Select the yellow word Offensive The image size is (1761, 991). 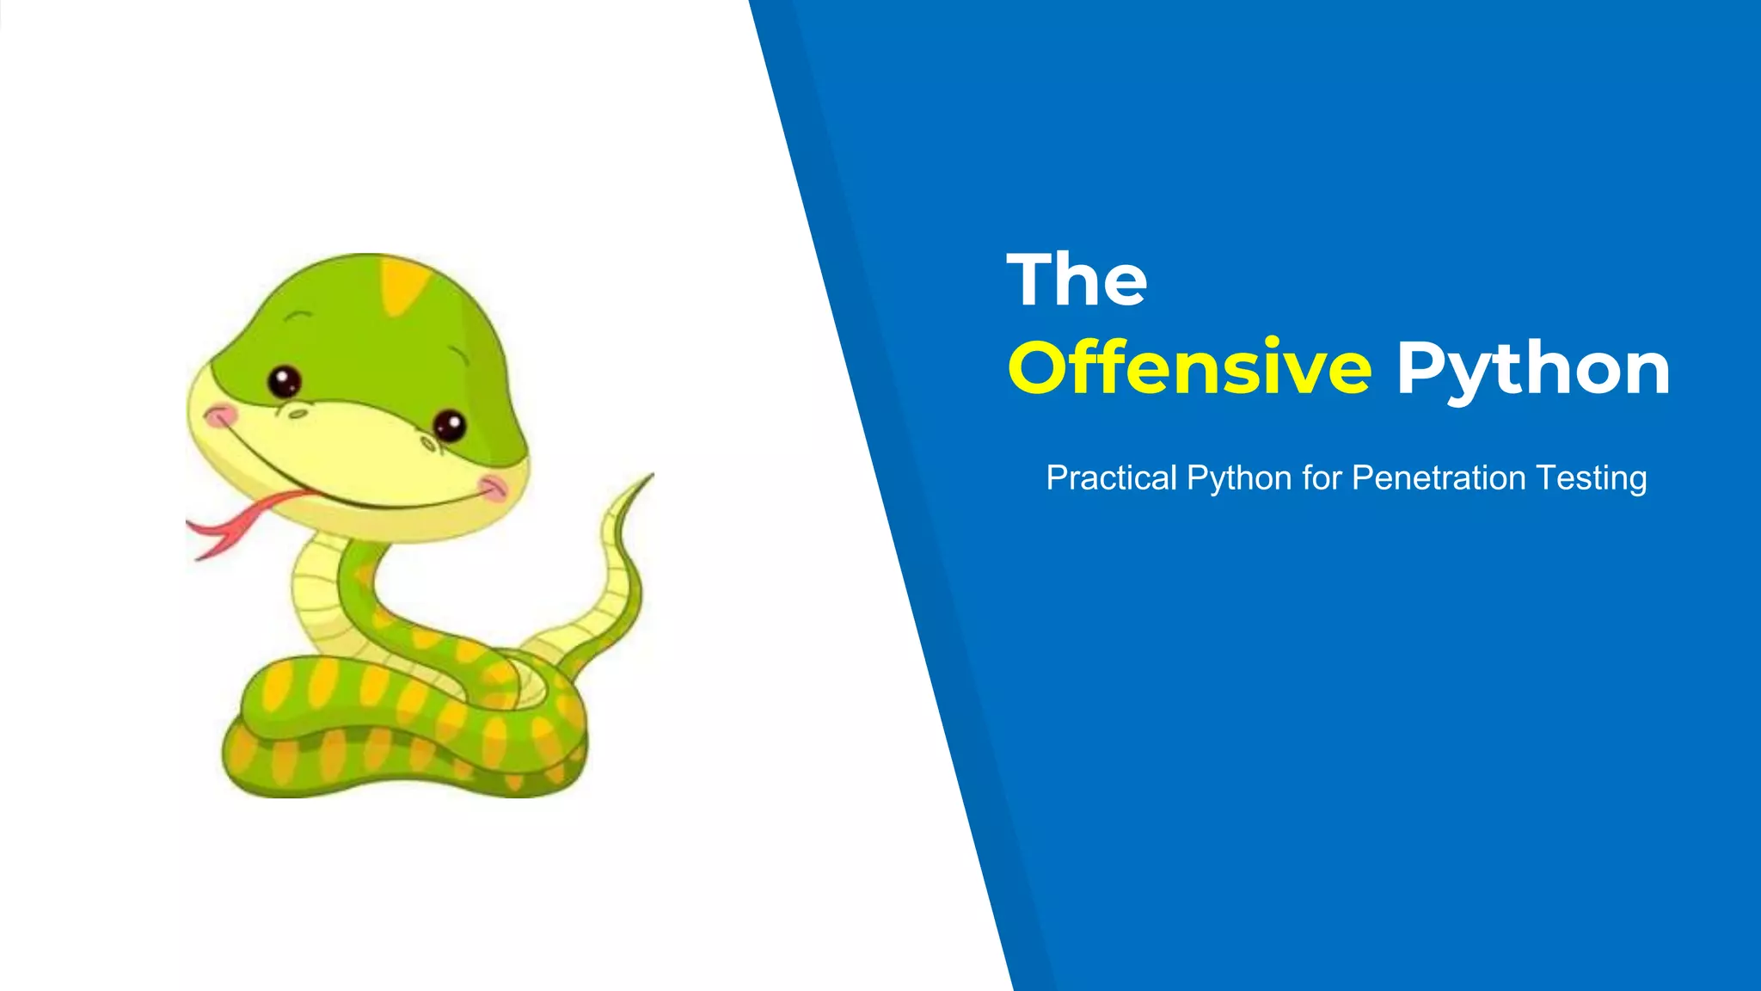click(1190, 367)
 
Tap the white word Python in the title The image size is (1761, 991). click(1533, 369)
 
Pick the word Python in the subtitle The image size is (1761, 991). click(1239, 478)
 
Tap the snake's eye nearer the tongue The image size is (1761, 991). click(284, 380)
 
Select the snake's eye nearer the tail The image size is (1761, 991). click(449, 425)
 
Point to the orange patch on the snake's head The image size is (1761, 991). click(402, 285)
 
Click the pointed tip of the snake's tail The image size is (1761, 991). click(650, 475)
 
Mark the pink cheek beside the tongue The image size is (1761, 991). click(221, 416)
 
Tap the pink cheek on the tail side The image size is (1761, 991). click(494, 487)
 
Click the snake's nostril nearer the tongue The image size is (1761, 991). click(298, 414)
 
